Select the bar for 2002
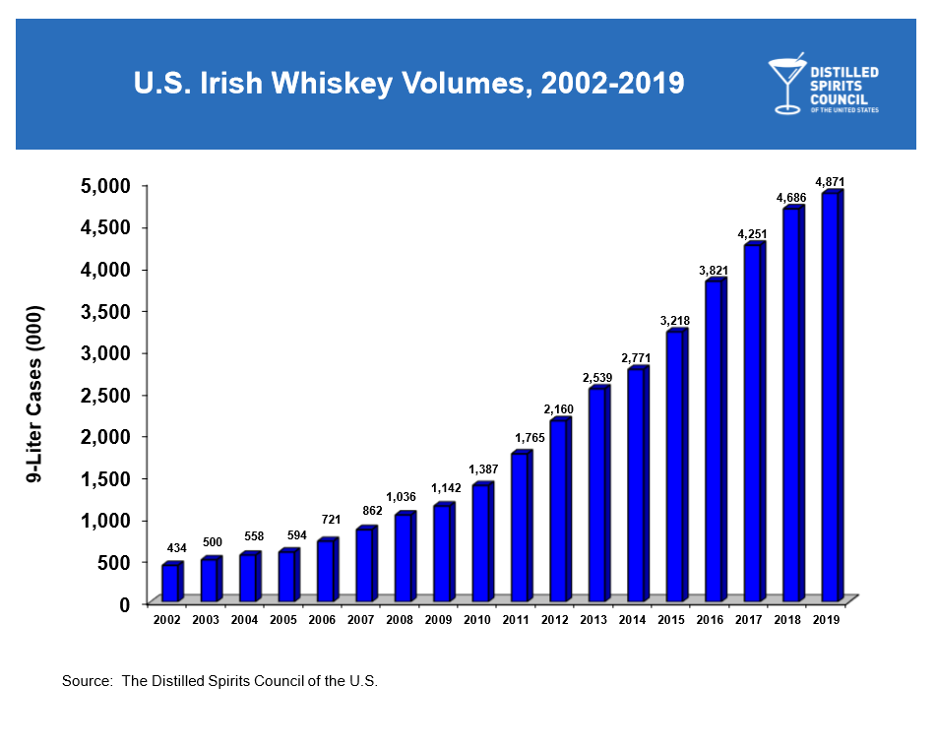pyautogui.click(x=170, y=583)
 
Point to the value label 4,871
pyautogui.click(x=830, y=182)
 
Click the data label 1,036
pyautogui.click(x=402, y=496)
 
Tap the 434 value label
pyautogui.click(x=175, y=547)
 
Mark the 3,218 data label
pyautogui.click(x=675, y=321)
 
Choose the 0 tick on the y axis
pyautogui.click(x=123, y=604)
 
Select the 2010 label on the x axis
pyautogui.click(x=475, y=620)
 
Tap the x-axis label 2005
pyautogui.click(x=282, y=620)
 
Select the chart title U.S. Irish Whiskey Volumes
pyautogui.click(x=408, y=84)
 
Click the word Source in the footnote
pyautogui.click(x=85, y=681)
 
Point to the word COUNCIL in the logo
pyautogui.click(x=838, y=97)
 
